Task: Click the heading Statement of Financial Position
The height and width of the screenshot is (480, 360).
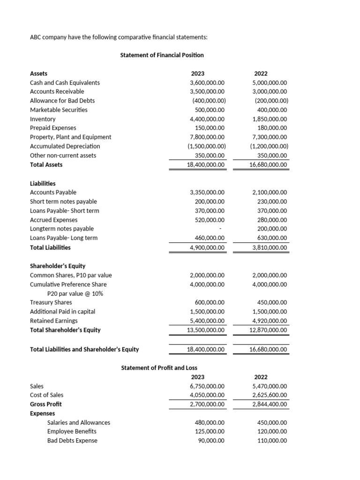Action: pos(162,55)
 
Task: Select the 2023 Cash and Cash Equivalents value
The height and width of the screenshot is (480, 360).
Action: pos(207,82)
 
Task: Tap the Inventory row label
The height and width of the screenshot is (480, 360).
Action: pos(43,119)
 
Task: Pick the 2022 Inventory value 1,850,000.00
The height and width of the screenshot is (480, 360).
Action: pos(270,119)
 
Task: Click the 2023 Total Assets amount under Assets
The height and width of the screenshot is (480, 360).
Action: pos(206,165)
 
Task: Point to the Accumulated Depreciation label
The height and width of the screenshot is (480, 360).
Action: pos(65,146)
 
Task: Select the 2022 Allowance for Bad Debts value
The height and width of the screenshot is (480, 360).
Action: pos(271,101)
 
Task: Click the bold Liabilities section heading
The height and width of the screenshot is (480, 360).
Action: pos(43,183)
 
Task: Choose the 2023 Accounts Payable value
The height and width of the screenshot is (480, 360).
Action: pos(207,192)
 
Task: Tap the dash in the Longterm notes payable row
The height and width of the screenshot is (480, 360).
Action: pos(220,229)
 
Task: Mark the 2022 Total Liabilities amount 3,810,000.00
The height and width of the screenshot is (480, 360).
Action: pos(270,247)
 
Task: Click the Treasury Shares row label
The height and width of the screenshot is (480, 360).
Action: pos(51,302)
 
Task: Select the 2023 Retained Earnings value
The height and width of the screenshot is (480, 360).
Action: pos(207,321)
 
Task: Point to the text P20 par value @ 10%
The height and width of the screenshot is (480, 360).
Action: pos(75,293)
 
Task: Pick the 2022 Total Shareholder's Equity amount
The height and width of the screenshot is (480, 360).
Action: pos(268,330)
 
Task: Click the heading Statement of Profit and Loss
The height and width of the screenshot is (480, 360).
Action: pos(162,368)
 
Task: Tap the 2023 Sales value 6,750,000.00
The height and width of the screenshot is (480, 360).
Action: pos(207,386)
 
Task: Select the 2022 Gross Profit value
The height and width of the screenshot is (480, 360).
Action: pos(270,404)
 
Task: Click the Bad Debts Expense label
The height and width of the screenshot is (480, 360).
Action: pos(72,440)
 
